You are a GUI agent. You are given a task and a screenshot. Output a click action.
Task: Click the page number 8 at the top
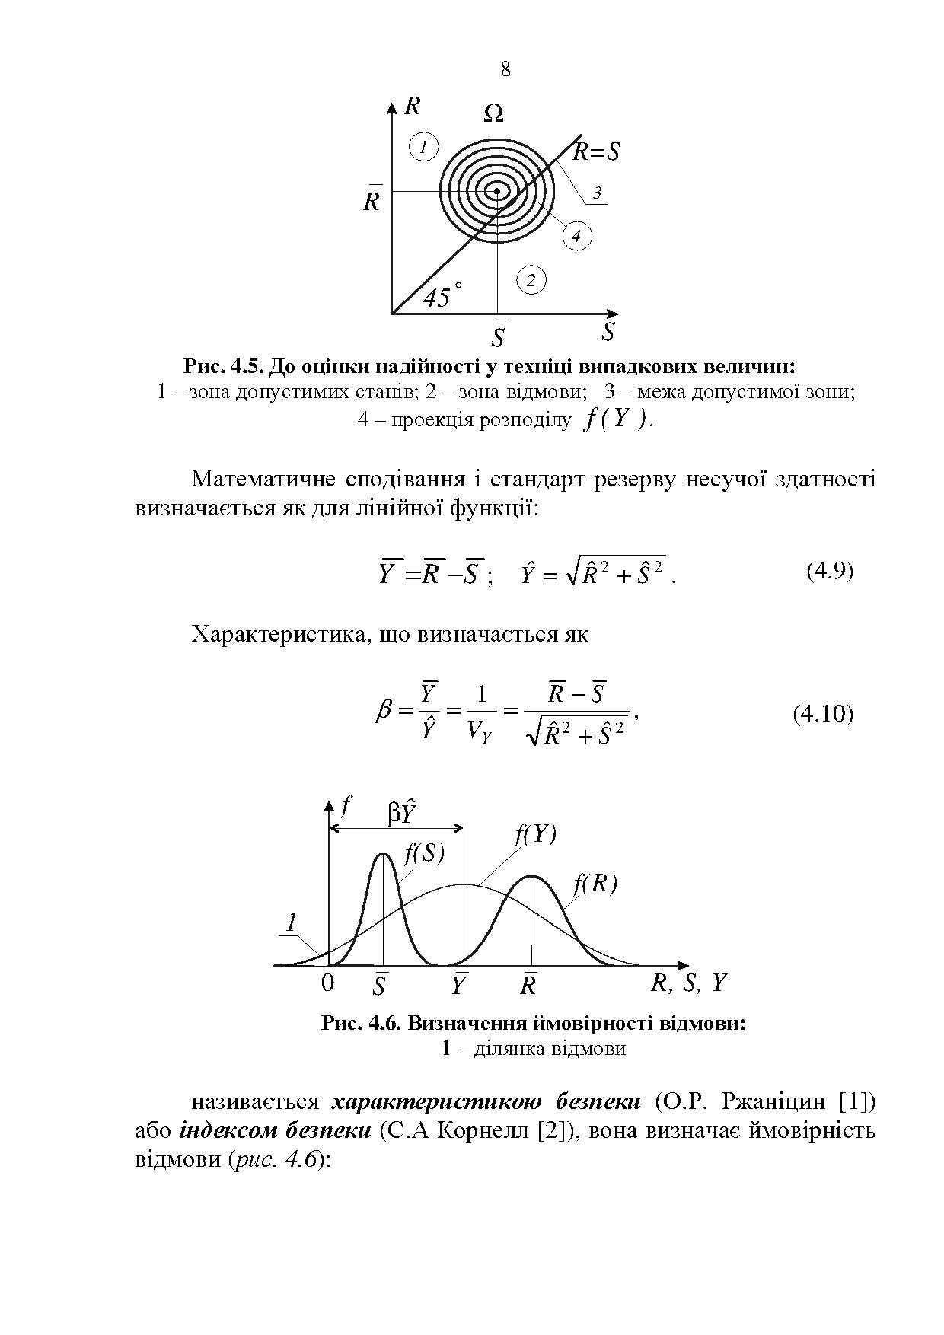[505, 69]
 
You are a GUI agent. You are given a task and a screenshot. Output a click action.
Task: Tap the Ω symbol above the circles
[493, 114]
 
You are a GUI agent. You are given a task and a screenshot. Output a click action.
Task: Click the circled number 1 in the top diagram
[424, 146]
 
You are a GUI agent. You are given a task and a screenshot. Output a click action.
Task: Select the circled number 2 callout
[531, 280]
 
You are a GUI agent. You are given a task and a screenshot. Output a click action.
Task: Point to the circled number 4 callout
[576, 237]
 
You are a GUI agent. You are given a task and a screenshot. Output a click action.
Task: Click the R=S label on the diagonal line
[596, 152]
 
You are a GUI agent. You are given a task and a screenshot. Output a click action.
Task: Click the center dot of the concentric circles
[497, 192]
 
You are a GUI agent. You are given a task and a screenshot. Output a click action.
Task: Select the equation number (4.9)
[829, 571]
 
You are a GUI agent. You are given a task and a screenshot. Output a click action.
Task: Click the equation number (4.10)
[823, 713]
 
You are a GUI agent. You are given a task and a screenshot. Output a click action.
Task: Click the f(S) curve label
[424, 853]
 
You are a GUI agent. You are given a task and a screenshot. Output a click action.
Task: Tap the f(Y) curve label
[536, 834]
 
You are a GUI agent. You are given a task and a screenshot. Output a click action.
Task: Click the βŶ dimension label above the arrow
[401, 812]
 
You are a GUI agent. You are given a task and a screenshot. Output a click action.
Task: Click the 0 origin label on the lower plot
[327, 983]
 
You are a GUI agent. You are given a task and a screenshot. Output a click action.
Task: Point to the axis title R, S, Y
[689, 983]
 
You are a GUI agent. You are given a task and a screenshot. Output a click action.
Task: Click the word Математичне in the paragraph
[262, 479]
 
